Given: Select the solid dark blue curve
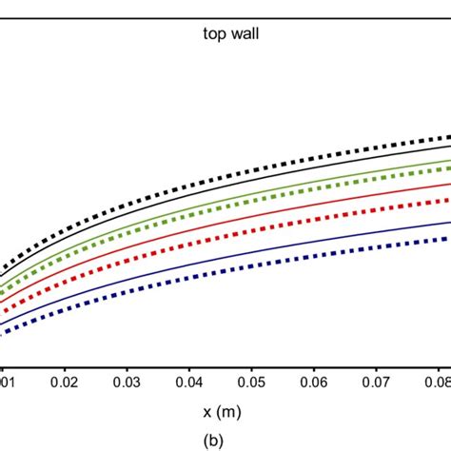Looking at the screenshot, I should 285,249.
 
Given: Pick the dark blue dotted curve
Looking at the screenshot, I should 285,265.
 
